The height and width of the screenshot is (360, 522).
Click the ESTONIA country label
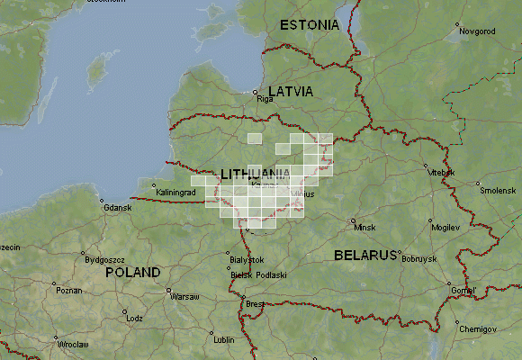click(309, 24)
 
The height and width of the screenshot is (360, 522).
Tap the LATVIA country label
click(284, 92)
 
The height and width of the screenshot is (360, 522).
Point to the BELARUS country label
click(365, 255)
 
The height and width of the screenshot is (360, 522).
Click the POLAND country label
click(132, 272)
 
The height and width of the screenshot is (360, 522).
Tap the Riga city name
click(265, 100)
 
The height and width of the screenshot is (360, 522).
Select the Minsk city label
click(365, 228)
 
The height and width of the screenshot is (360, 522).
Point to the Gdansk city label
click(117, 209)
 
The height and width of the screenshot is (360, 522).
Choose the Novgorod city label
click(477, 31)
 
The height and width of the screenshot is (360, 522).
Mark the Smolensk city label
click(497, 191)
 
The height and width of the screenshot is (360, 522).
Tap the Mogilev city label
click(445, 228)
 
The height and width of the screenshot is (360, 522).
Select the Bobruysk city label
click(418, 259)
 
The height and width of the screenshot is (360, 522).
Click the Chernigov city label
click(477, 329)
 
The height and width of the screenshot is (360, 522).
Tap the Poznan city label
click(67, 291)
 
